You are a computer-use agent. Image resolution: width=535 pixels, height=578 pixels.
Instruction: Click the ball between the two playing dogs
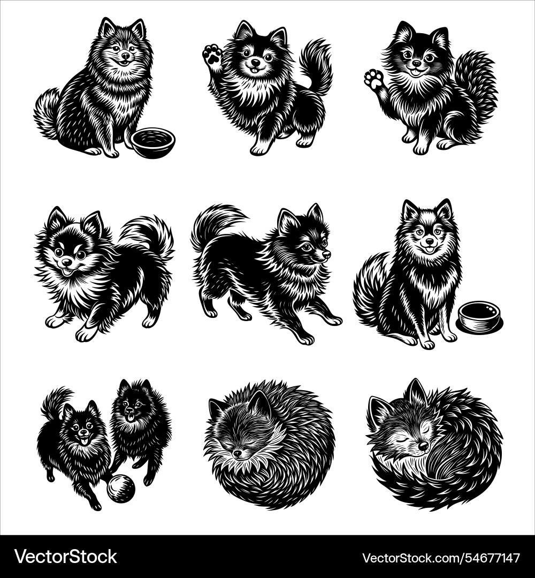[x=121, y=489]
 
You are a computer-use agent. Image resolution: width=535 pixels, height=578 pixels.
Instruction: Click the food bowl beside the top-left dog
[x=153, y=142]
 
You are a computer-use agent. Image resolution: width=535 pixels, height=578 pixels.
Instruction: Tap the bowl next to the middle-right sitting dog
[x=480, y=316]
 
